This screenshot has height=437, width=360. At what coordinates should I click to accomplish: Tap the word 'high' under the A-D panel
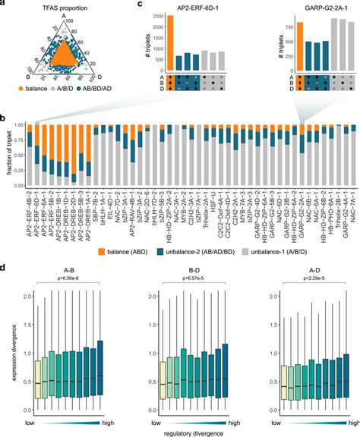coord(348,419)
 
